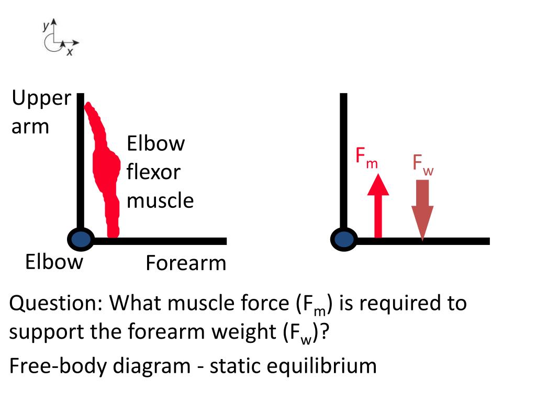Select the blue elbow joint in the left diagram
[81, 240]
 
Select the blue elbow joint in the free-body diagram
[344, 240]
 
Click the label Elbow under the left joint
[54, 261]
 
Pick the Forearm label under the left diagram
[186, 263]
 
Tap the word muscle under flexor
[160, 200]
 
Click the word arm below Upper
[30, 127]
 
